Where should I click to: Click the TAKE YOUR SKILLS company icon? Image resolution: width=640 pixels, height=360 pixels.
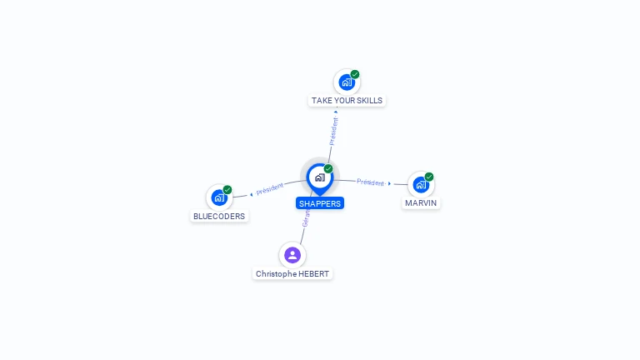tap(347, 82)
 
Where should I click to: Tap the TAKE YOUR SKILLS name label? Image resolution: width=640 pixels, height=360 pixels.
tap(347, 101)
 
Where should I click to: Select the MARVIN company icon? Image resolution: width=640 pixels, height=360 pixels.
tap(421, 185)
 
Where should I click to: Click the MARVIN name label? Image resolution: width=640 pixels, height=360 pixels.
tap(421, 202)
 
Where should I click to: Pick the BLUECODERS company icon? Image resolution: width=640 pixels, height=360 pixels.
tap(219, 197)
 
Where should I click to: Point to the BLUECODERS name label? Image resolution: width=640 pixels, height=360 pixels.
tap(219, 216)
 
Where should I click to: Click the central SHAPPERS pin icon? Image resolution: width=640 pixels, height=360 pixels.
tap(319, 177)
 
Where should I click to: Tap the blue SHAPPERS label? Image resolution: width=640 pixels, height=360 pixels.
tap(320, 203)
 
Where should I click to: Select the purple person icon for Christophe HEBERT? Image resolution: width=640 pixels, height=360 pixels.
tap(292, 255)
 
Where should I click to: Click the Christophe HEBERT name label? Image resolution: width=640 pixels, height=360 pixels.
tap(292, 274)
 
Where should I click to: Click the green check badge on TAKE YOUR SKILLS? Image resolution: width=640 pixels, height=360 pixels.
tap(355, 74)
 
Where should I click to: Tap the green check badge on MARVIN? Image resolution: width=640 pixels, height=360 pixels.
tap(429, 177)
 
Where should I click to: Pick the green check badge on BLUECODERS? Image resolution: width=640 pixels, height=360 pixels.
tap(227, 189)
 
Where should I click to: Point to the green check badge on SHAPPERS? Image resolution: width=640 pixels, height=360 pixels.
tap(328, 168)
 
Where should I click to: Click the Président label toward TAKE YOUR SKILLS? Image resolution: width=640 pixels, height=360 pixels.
tap(334, 132)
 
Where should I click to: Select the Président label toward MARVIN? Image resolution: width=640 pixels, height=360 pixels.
tap(370, 182)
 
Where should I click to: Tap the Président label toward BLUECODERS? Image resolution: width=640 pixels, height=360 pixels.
tap(270, 189)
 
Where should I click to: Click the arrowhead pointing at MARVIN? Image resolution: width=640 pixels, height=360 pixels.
tap(389, 183)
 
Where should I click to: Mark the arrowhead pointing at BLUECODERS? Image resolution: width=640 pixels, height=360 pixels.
tap(251, 194)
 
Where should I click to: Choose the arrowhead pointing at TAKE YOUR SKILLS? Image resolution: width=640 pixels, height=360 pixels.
tap(336, 112)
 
